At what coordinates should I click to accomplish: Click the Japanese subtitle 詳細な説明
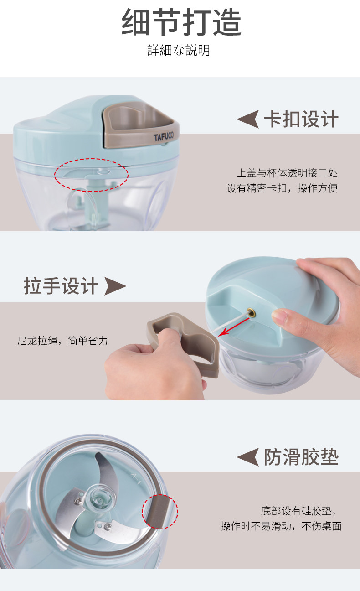pos(179,50)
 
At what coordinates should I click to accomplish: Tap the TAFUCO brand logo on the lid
pos(164,137)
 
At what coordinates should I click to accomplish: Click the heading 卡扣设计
pos(301,119)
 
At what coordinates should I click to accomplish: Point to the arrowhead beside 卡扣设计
pos(248,119)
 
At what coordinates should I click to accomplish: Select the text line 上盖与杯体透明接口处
pos(287,173)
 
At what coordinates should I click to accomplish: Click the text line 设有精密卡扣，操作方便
pos(282,188)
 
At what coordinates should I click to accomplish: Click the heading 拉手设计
pos(61,286)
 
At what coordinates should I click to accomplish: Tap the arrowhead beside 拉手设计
pos(115,286)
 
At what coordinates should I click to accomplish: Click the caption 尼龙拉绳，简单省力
pos(62,341)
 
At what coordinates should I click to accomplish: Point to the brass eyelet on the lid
pos(252,313)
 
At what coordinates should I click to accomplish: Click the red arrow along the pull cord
pos(234,327)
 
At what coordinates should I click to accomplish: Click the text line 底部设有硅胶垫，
pos(299,511)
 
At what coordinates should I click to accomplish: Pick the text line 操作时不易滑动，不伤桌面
pos(281,526)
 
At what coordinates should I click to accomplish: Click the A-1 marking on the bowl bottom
pos(136,478)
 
